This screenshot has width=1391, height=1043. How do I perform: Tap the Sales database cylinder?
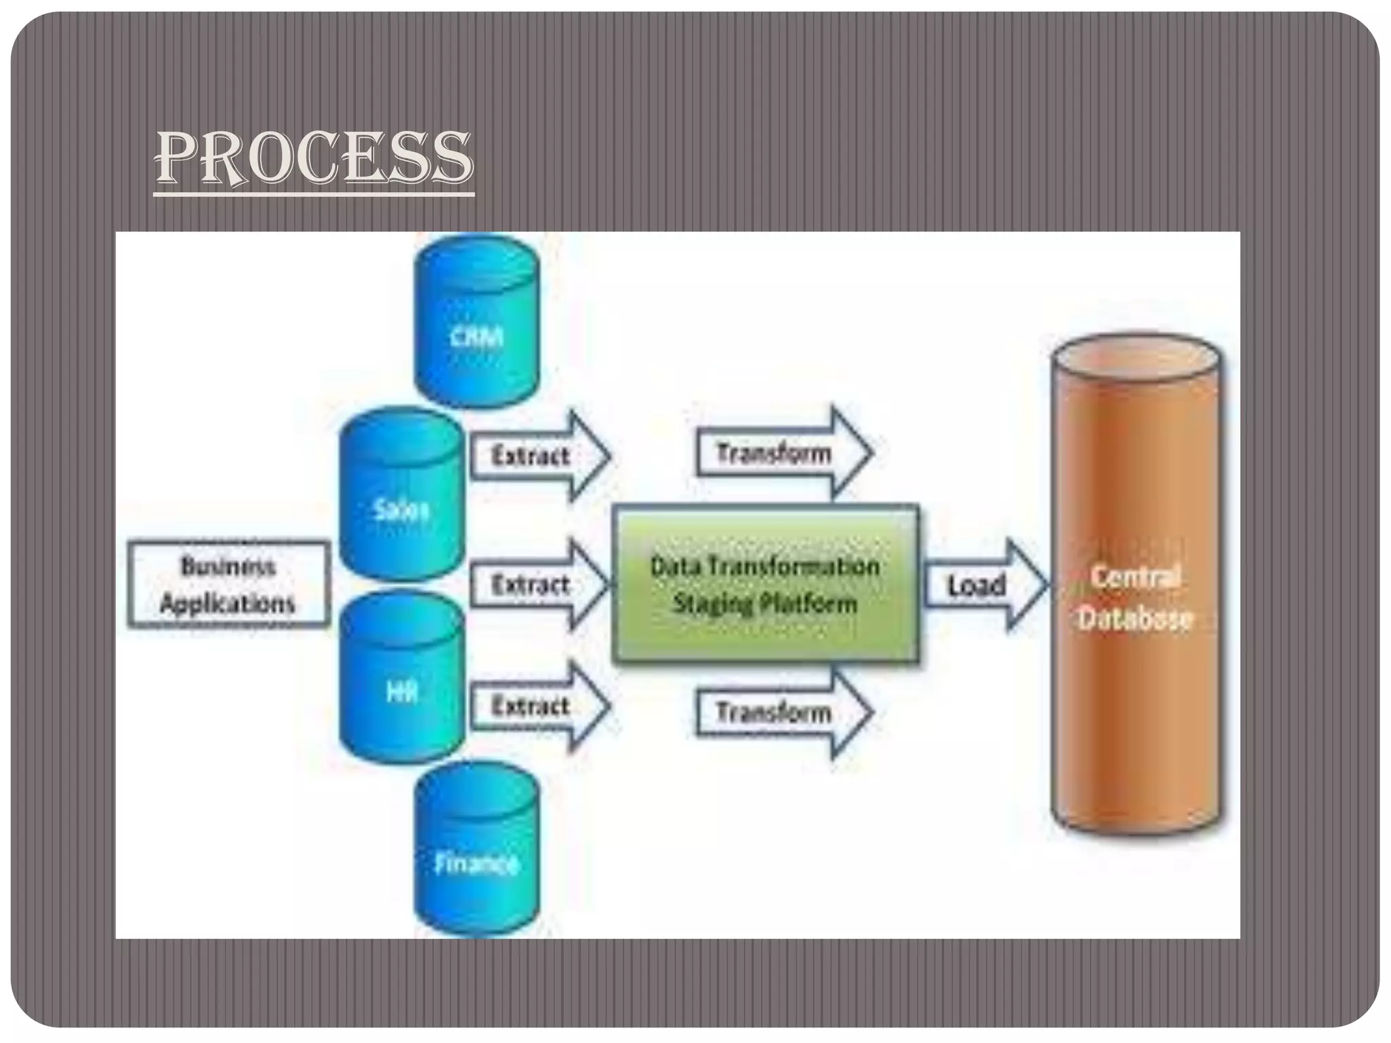click(x=402, y=499)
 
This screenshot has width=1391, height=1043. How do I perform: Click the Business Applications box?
click(x=228, y=585)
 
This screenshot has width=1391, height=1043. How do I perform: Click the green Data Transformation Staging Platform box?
click(x=765, y=585)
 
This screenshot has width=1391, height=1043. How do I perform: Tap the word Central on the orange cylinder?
click(x=1136, y=577)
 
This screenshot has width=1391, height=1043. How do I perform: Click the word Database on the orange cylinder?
click(x=1136, y=619)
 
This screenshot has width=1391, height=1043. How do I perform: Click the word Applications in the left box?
click(x=228, y=604)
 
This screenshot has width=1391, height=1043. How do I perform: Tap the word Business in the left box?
click(x=228, y=566)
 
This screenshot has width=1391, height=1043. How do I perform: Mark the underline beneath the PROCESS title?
click(x=314, y=195)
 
